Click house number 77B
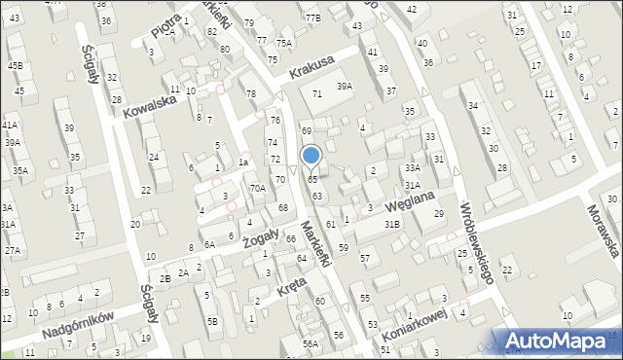coord(311,18)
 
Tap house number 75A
coord(283,43)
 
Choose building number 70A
coord(257,188)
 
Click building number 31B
coord(391,225)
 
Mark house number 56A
coord(310,343)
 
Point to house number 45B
coord(16,65)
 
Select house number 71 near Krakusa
coord(316,93)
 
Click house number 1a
coord(244,162)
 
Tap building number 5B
coord(212,320)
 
